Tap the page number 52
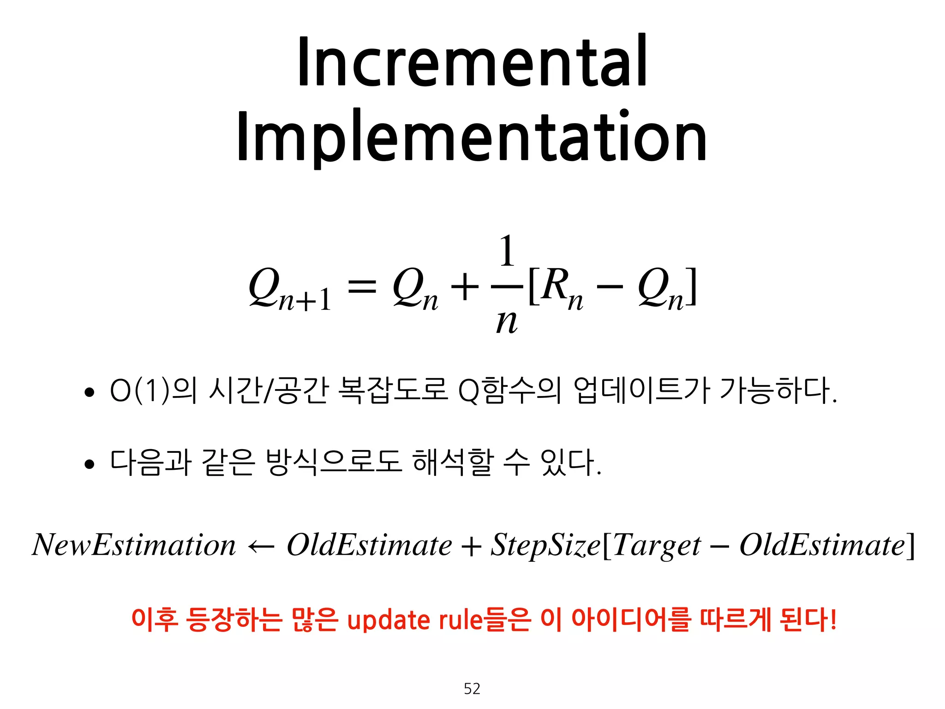tap(472, 688)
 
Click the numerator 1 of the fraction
tap(507, 251)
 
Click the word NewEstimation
tap(134, 545)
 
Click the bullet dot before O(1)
tap(90, 393)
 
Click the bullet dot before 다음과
tap(90, 464)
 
